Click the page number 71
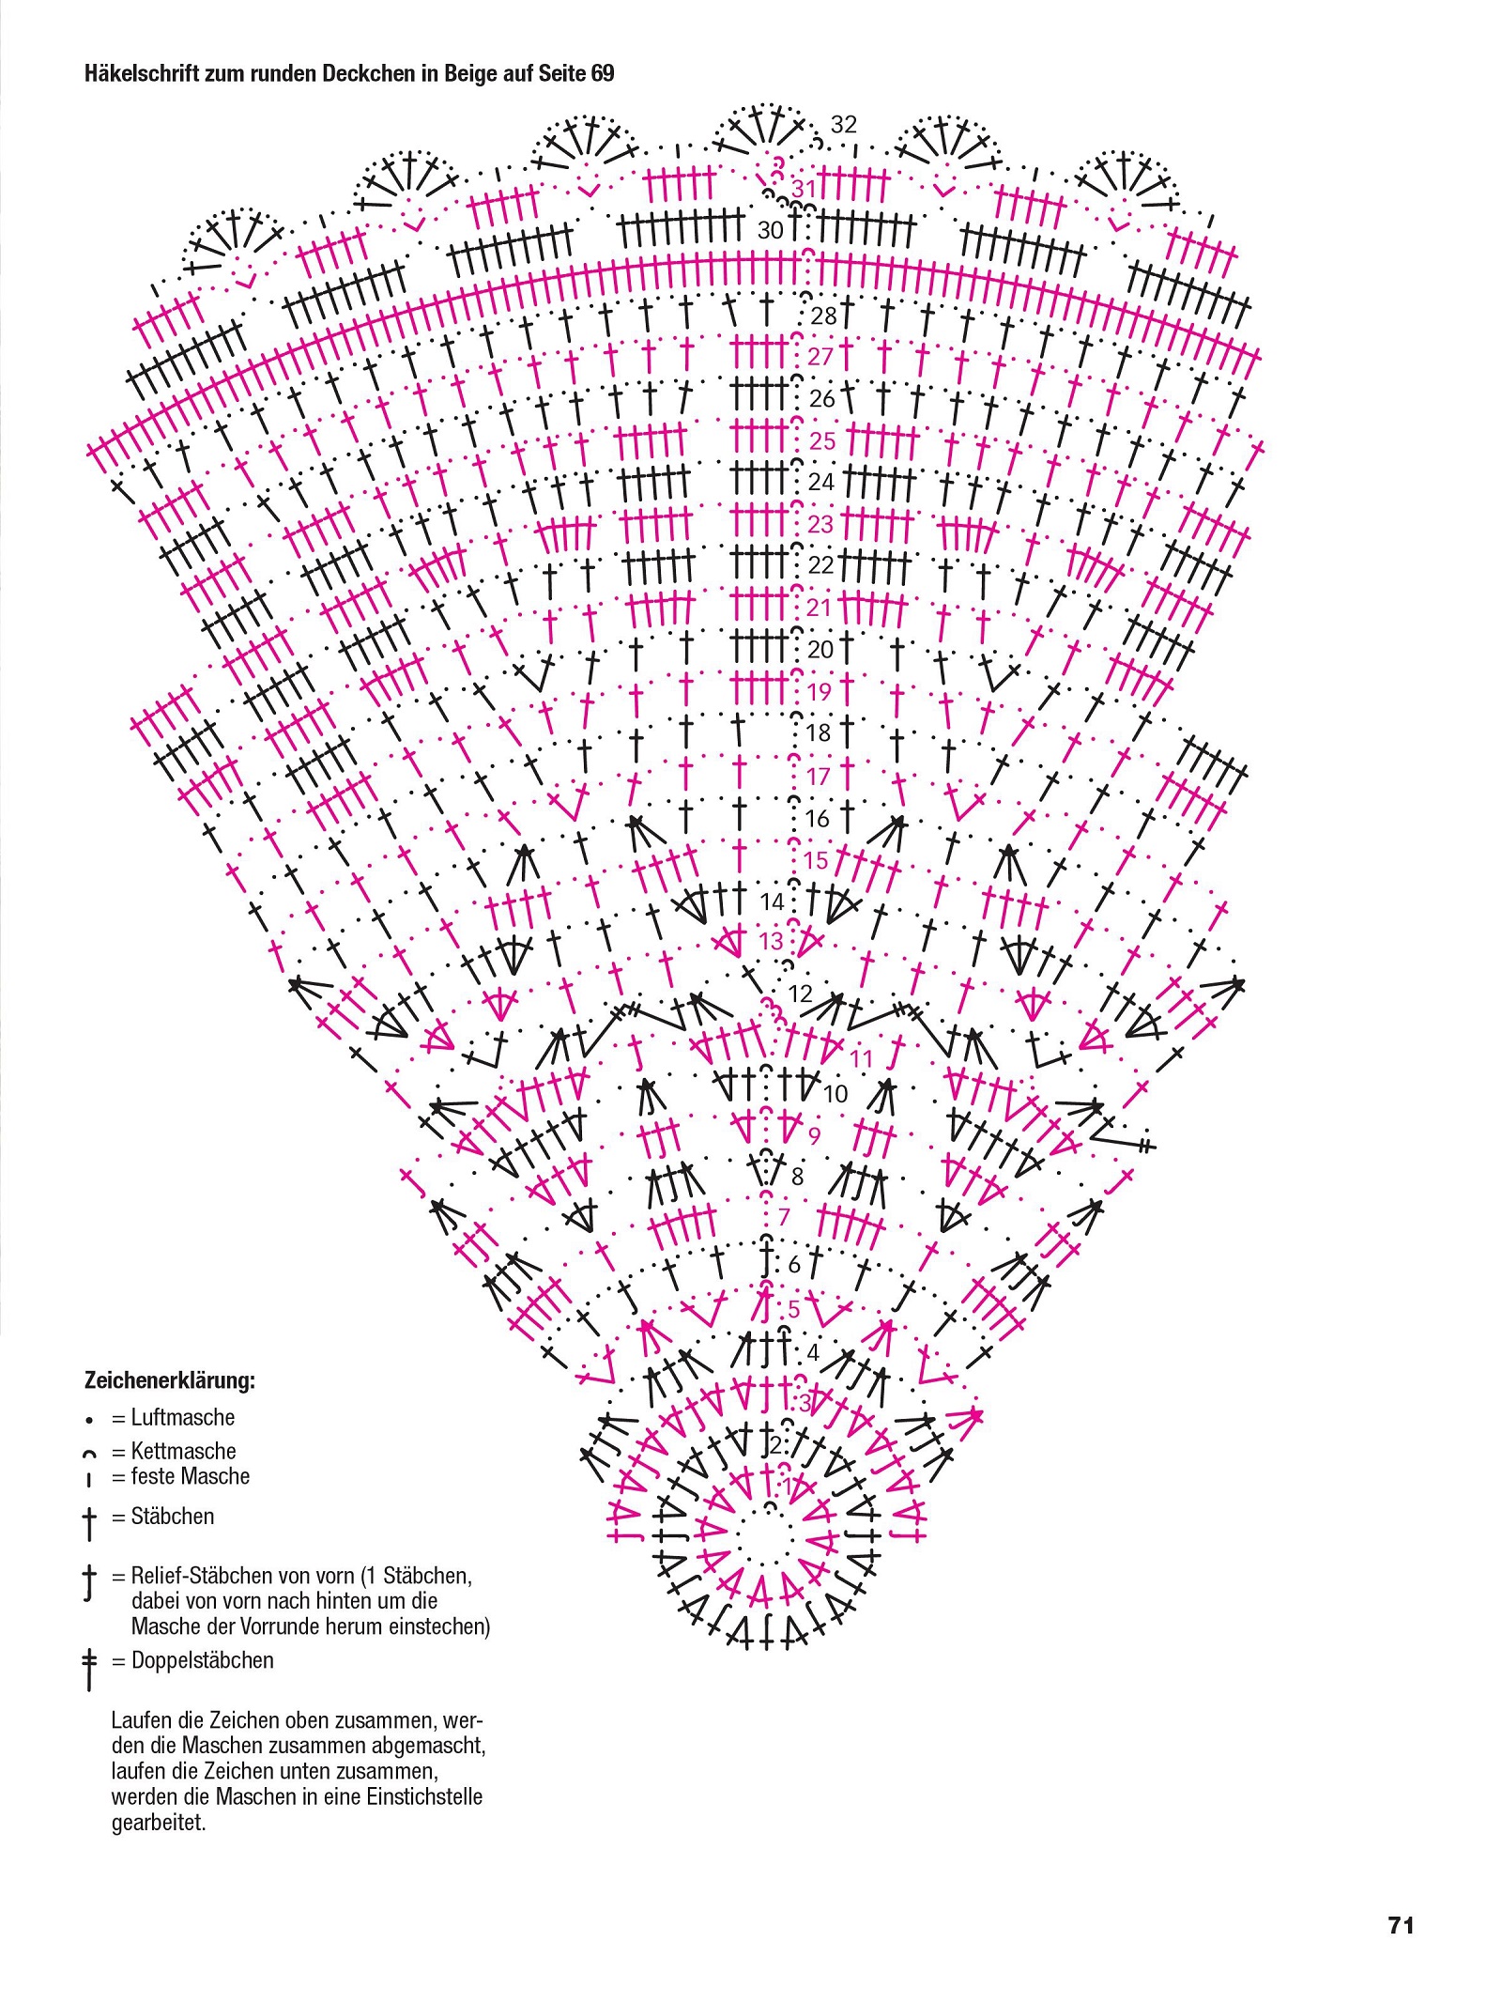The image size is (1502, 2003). coord(1401,1925)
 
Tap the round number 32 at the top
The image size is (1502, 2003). coord(844,124)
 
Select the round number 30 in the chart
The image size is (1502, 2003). coord(770,230)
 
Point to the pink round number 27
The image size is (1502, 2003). coord(820,357)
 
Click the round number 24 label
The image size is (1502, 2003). coord(821,482)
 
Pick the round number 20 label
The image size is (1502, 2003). coord(820,649)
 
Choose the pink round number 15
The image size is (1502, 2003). coord(817,860)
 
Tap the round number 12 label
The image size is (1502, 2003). coord(801,994)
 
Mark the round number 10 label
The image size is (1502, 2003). coord(835,1093)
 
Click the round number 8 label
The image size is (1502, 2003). coord(798,1176)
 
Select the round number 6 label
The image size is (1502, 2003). coord(794,1265)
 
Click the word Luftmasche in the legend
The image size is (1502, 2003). coord(183,1417)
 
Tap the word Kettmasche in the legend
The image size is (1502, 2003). coord(184,1451)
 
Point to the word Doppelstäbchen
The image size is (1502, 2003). coord(203,1660)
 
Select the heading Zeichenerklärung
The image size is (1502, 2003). coord(170,1381)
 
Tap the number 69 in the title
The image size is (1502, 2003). coord(602,73)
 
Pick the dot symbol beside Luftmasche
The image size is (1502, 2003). coord(88,1420)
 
